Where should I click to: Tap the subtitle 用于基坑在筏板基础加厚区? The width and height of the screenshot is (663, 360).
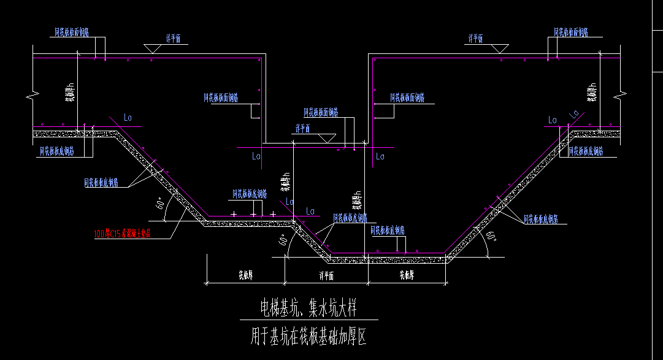click(309, 337)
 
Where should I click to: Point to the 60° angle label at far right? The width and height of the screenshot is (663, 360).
click(490, 236)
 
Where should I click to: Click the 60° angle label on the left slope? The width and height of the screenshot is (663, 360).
click(161, 204)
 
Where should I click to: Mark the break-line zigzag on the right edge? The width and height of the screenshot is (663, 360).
click(622, 96)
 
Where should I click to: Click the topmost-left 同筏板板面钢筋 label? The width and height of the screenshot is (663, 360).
click(71, 31)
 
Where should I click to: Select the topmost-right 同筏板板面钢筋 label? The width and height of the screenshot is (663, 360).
click(571, 31)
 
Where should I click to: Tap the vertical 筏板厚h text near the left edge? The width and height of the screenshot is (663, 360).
click(71, 93)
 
